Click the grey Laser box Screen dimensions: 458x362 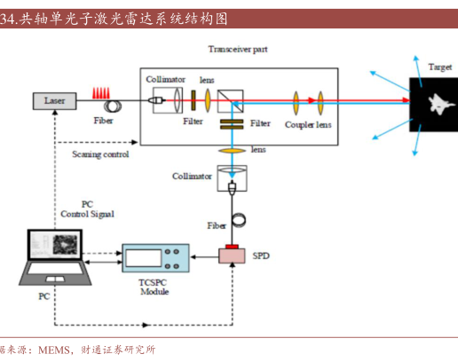point(55,101)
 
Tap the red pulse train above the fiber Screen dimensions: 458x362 point(101,93)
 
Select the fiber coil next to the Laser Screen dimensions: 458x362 point(113,106)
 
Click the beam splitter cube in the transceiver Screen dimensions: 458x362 point(231,101)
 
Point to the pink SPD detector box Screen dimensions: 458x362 point(232,256)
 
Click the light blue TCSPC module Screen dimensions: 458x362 point(155,258)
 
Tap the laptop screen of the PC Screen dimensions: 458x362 point(55,244)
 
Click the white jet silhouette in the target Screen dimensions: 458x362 point(440,104)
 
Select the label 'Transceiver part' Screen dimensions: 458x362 point(238,49)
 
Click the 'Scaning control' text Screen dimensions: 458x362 point(100,154)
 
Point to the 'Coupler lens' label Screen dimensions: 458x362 point(308,125)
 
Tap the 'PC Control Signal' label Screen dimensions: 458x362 point(87,209)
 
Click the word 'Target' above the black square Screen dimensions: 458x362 point(440,67)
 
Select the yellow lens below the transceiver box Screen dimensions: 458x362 point(232,151)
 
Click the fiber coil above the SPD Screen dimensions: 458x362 point(239,220)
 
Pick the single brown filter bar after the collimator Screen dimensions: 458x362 point(193,100)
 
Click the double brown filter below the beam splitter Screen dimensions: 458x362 point(232,124)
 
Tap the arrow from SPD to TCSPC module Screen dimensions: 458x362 point(205,256)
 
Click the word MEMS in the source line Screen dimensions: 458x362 point(54,350)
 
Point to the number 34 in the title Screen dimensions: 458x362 point(6,19)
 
